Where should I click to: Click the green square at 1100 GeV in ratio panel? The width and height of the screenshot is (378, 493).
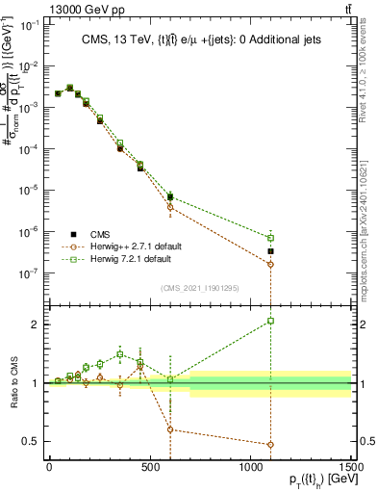click(271, 321)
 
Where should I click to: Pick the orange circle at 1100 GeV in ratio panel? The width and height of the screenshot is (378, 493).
click(271, 445)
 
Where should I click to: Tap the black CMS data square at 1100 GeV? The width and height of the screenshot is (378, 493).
click(271, 251)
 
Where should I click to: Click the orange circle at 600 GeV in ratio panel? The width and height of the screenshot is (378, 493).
click(170, 429)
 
